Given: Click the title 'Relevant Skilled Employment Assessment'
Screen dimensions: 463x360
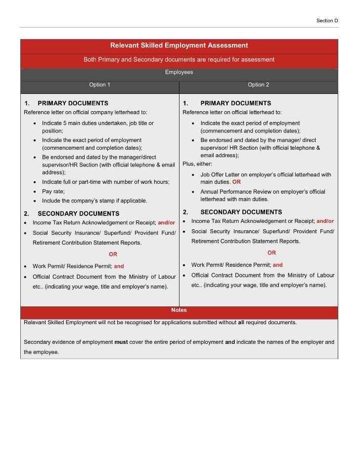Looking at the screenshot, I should tap(179, 45).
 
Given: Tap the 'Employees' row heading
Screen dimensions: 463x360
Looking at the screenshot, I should tap(179, 72).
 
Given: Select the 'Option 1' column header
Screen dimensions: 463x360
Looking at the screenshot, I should tap(99, 84).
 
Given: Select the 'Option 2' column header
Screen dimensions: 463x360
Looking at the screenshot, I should tap(258, 84).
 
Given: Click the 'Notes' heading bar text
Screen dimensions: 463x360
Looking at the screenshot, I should tap(179, 310).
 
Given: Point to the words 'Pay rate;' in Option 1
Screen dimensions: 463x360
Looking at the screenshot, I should tap(53, 191).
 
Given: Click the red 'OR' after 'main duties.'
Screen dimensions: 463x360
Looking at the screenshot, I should tap(236, 182).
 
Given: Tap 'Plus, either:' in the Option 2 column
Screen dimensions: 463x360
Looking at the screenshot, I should tap(197, 164).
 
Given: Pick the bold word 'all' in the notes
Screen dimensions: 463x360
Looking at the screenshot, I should tap(241, 323).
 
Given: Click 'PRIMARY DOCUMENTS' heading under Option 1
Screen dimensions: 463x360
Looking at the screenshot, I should tap(73, 103).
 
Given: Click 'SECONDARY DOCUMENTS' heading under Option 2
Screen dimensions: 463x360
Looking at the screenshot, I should tap(241, 212).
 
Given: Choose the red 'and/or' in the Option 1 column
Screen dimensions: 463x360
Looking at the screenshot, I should tap(166, 223).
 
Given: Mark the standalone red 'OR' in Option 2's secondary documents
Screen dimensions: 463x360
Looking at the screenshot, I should tap(271, 253).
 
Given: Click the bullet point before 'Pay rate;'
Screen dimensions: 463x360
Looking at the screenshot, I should tap(35, 192).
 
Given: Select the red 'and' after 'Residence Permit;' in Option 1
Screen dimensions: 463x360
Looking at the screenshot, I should tap(119, 266).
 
